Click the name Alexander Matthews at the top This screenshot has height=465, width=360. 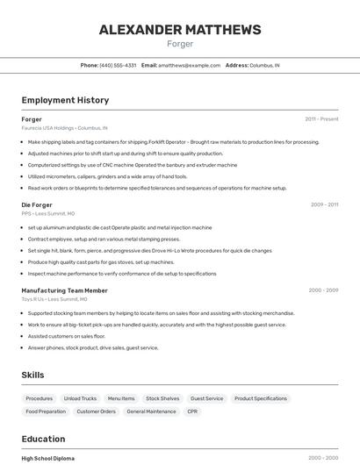coord(180,30)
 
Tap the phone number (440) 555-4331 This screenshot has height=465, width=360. coord(118,66)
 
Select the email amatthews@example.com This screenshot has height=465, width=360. coord(189,66)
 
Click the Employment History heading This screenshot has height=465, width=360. coord(65,101)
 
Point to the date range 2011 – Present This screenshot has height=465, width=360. coord(321,119)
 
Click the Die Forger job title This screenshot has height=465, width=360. coord(37,204)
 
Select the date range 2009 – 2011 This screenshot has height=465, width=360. coord(324,204)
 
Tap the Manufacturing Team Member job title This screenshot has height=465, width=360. coord(64,290)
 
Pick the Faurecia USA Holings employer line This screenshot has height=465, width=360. coord(64,128)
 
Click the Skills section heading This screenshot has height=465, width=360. coord(32,375)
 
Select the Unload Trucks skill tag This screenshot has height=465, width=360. coord(80,398)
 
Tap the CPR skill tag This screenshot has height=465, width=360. coord(192,411)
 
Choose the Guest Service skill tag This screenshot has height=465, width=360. coord(206,398)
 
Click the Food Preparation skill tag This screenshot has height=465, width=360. coord(46,411)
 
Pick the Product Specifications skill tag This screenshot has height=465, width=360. coord(261,398)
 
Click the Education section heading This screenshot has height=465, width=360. coord(43,439)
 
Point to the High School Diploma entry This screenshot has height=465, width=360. coord(47,458)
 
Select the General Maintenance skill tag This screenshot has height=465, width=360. coord(151,411)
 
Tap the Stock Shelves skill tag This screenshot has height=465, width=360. coord(162,398)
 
